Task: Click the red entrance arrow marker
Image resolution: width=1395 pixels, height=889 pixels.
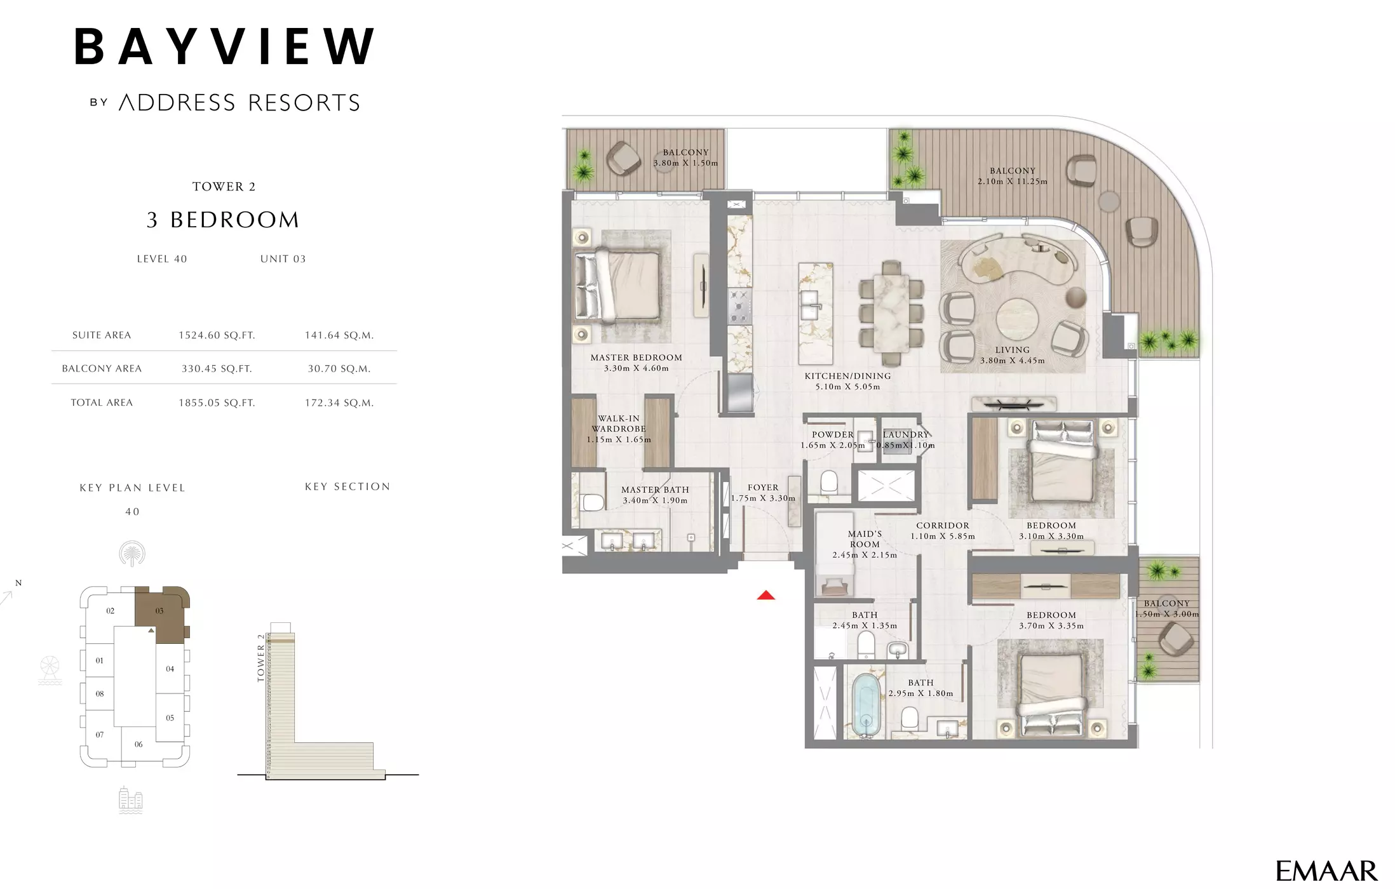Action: (766, 595)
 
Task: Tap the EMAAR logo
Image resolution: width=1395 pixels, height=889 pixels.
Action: (1326, 871)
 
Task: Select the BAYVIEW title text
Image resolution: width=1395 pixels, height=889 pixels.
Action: (224, 46)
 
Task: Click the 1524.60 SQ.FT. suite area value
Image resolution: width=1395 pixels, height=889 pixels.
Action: (217, 335)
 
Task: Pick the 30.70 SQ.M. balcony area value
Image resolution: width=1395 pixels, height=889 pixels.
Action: (339, 368)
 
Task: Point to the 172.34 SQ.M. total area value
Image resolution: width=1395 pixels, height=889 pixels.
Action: (339, 403)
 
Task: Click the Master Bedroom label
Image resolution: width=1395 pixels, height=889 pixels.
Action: (637, 363)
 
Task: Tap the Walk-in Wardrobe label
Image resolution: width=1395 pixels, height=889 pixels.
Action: (619, 429)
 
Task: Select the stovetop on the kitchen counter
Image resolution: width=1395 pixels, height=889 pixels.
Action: (739, 307)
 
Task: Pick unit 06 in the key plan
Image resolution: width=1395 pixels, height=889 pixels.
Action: (138, 744)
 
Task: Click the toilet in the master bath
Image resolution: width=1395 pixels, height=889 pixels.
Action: (593, 502)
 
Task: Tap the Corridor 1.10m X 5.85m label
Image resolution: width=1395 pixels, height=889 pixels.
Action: (943, 531)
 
